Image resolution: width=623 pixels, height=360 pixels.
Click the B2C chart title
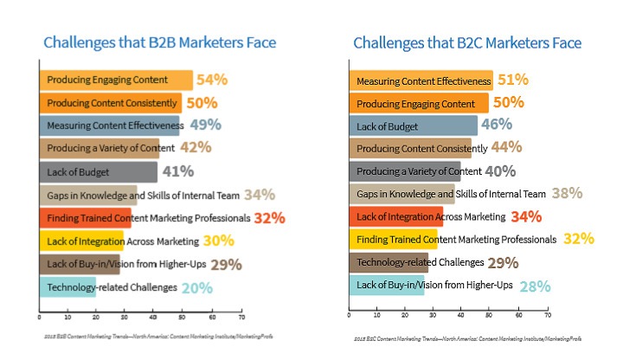[467, 43]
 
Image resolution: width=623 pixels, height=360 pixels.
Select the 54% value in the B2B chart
[212, 80]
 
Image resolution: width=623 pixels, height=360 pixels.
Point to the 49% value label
[204, 125]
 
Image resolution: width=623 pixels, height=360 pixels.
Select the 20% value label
[197, 287]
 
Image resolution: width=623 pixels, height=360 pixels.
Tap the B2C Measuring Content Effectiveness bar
[421, 81]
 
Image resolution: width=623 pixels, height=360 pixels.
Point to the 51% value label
[513, 80]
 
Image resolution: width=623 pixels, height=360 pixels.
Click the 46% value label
[497, 125]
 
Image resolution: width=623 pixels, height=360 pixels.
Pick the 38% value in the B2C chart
[567, 194]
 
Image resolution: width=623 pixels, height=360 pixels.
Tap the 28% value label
[535, 286]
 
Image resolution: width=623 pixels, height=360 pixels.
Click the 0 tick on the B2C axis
[349, 316]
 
